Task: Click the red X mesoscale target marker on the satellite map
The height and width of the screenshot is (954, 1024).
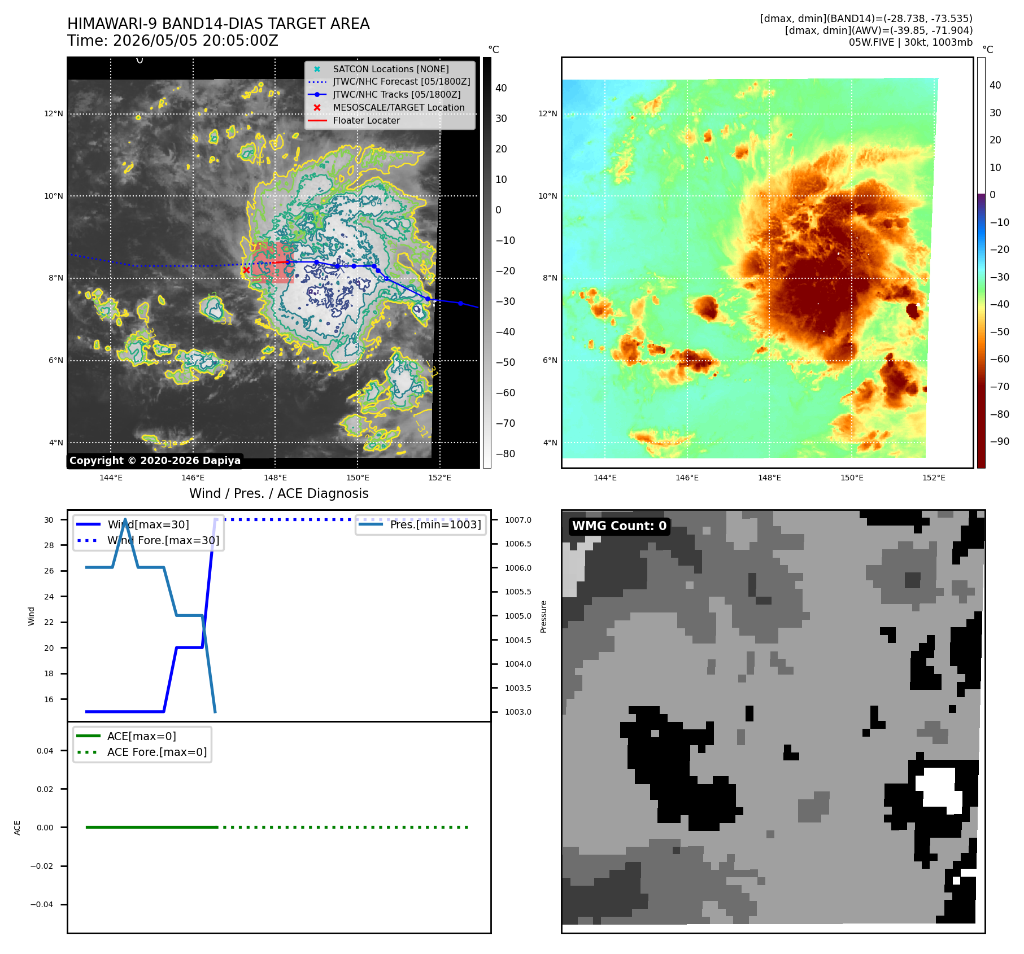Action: (x=246, y=270)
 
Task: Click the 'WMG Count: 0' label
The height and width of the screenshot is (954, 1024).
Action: (x=620, y=526)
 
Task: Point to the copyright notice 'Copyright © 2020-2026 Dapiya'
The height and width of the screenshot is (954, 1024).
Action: (x=155, y=461)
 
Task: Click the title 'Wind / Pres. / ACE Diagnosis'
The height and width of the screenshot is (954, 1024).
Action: (x=279, y=493)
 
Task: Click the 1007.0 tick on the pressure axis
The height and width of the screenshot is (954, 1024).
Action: (x=518, y=520)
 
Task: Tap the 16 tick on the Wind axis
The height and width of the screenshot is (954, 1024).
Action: (x=49, y=699)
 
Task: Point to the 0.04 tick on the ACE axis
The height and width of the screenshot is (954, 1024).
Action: (x=45, y=751)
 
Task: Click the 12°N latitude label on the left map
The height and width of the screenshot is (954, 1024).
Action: (x=54, y=113)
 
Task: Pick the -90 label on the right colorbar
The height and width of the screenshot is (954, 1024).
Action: (x=999, y=441)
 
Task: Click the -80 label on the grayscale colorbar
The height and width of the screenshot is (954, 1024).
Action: (x=505, y=454)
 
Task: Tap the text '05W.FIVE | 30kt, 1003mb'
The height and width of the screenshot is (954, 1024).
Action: (x=910, y=42)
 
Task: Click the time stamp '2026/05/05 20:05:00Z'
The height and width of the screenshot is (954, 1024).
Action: (x=195, y=41)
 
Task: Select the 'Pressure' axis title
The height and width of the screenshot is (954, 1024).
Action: (x=543, y=616)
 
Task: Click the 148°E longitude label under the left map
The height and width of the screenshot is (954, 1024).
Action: (x=275, y=478)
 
